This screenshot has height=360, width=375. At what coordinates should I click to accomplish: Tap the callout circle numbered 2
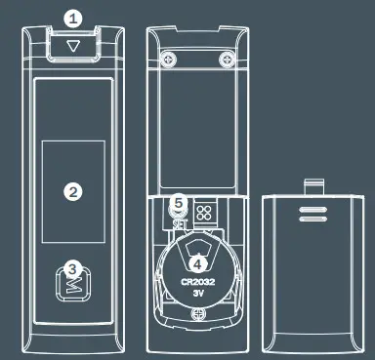click(71, 191)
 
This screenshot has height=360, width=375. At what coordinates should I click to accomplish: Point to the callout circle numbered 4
click(199, 261)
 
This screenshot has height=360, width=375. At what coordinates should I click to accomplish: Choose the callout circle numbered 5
click(177, 204)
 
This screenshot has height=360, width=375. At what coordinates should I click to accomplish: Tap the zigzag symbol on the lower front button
click(73, 285)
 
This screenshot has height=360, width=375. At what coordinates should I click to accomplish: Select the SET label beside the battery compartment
click(179, 223)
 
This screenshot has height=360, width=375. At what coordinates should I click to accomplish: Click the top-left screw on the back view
click(170, 59)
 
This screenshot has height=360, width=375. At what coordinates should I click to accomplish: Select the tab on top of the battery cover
click(313, 184)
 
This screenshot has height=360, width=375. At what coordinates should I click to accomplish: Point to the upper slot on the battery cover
click(313, 208)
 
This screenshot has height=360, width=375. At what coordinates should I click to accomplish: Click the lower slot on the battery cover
click(313, 219)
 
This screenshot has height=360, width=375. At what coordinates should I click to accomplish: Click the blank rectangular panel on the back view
click(199, 122)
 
